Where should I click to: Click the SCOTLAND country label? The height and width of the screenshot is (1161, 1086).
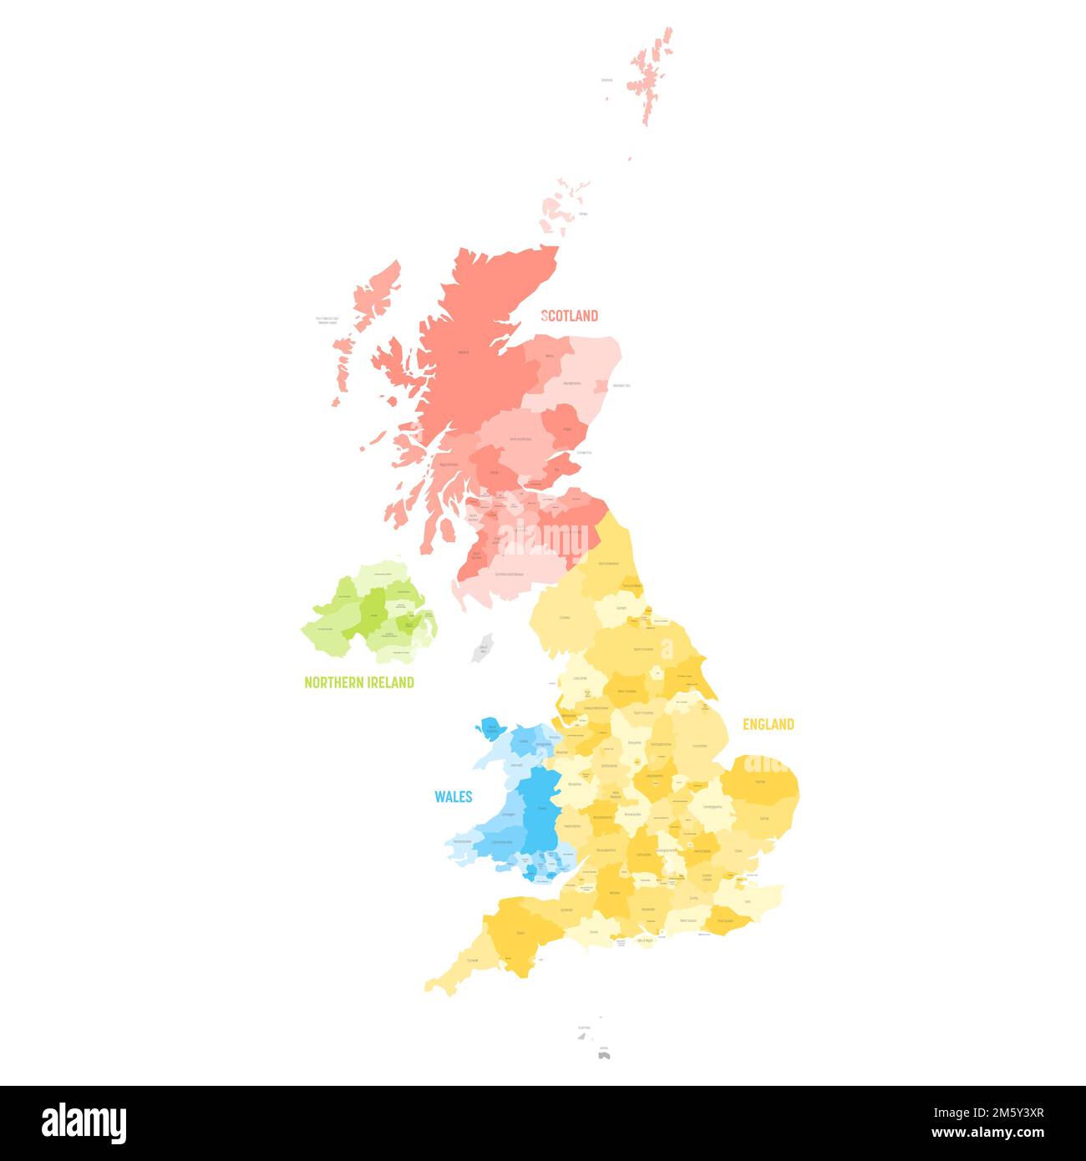570,315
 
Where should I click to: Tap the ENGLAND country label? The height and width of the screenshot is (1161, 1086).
769,724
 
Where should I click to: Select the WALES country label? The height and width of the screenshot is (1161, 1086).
453,796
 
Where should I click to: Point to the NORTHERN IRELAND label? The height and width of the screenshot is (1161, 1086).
359,682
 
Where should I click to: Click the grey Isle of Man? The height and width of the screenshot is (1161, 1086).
481,647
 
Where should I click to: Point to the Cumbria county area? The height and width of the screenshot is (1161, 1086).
565,617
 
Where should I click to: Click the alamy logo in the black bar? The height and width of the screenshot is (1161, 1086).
84,1123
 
